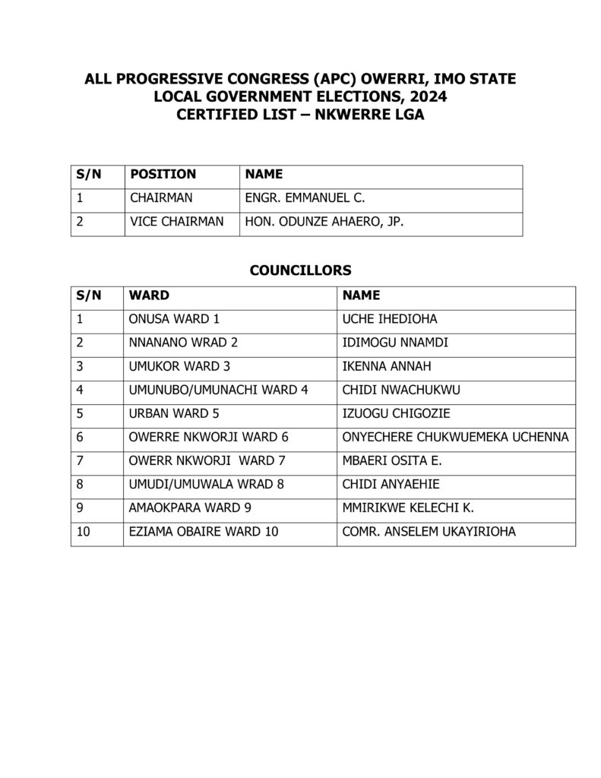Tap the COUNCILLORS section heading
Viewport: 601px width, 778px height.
point(300,270)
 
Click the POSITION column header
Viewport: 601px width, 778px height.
point(163,174)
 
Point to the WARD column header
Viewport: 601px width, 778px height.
point(150,295)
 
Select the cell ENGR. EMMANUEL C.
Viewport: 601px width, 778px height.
point(305,198)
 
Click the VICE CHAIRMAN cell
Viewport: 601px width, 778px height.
point(177,222)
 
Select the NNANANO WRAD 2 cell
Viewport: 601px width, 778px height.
point(184,343)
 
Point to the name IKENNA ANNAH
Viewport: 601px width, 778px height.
point(387,366)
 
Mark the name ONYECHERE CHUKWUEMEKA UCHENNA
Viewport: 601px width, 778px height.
point(456,437)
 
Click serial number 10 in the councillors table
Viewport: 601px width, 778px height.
point(84,531)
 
